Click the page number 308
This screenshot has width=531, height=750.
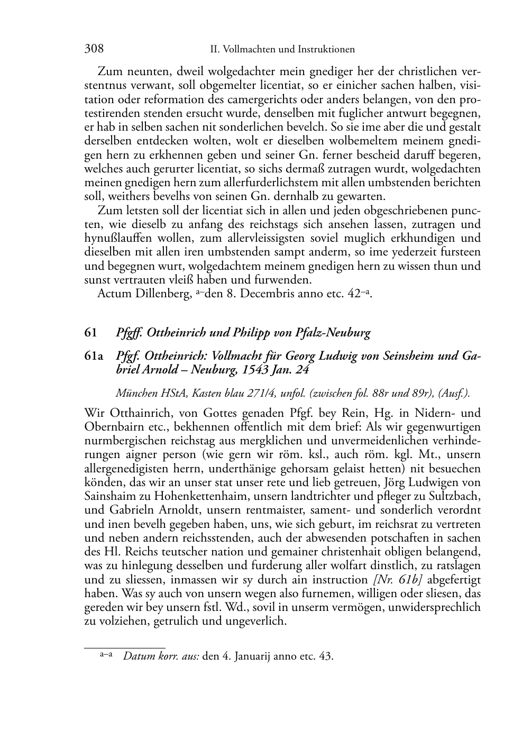point(94,49)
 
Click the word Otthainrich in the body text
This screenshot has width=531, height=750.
point(141,413)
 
